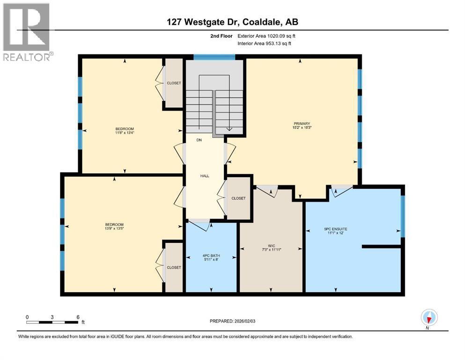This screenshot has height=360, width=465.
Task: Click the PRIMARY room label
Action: click(x=302, y=124)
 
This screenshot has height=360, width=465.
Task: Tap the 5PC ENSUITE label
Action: click(x=335, y=229)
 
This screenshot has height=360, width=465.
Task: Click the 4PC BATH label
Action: click(x=211, y=255)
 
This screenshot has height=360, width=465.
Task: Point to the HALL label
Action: click(x=204, y=176)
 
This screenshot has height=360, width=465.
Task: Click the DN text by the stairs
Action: click(x=199, y=140)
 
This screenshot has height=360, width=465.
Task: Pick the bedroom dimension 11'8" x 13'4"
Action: click(x=125, y=133)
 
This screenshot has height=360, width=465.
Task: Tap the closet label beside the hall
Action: click(x=238, y=198)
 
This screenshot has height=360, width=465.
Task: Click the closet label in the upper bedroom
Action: click(x=174, y=83)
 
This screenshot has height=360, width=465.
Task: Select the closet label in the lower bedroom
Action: click(x=174, y=267)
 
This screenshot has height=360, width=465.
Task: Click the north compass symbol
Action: click(x=429, y=318)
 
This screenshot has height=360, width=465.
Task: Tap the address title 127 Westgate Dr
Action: click(x=232, y=22)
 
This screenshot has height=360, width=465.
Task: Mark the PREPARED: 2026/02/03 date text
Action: click(x=232, y=321)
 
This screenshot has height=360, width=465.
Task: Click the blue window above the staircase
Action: click(x=214, y=57)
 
